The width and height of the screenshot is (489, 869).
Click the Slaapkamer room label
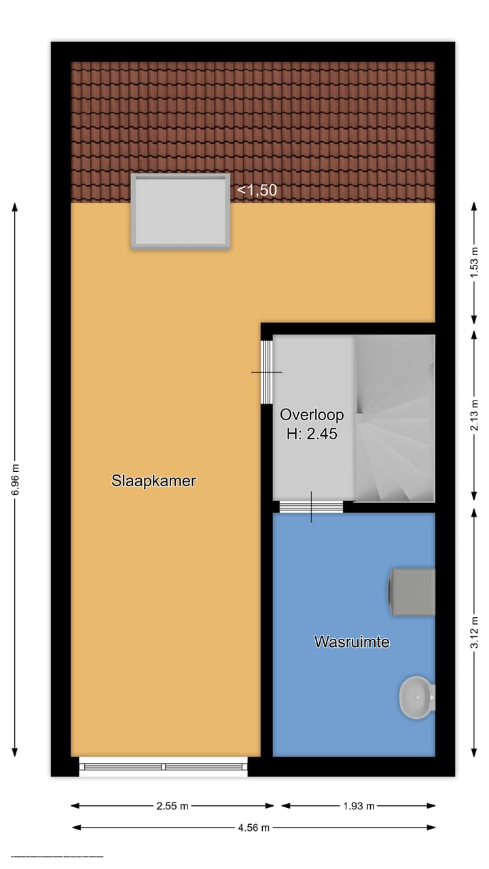[153, 481]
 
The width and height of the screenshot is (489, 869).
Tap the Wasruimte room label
[352, 641]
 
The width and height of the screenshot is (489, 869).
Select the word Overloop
[312, 415]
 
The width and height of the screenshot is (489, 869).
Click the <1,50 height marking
[257, 191]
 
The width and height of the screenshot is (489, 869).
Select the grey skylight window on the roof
[181, 211]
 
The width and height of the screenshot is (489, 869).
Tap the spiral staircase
[395, 418]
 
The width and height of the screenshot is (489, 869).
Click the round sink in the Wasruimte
[416, 697]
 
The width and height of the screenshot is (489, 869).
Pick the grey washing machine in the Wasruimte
[412, 592]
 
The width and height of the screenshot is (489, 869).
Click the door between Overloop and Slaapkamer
[267, 372]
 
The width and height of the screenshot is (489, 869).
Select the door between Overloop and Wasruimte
[312, 506]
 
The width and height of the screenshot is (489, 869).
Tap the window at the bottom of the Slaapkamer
[163, 766]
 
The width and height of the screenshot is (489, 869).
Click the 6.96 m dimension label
[16, 480]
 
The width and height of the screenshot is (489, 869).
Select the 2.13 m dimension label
[474, 415]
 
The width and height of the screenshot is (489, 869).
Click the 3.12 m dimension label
[474, 631]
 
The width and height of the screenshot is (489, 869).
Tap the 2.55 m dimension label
[173, 806]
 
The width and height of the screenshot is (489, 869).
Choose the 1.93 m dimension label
[358, 806]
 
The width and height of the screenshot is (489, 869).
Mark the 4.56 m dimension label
[253, 827]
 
